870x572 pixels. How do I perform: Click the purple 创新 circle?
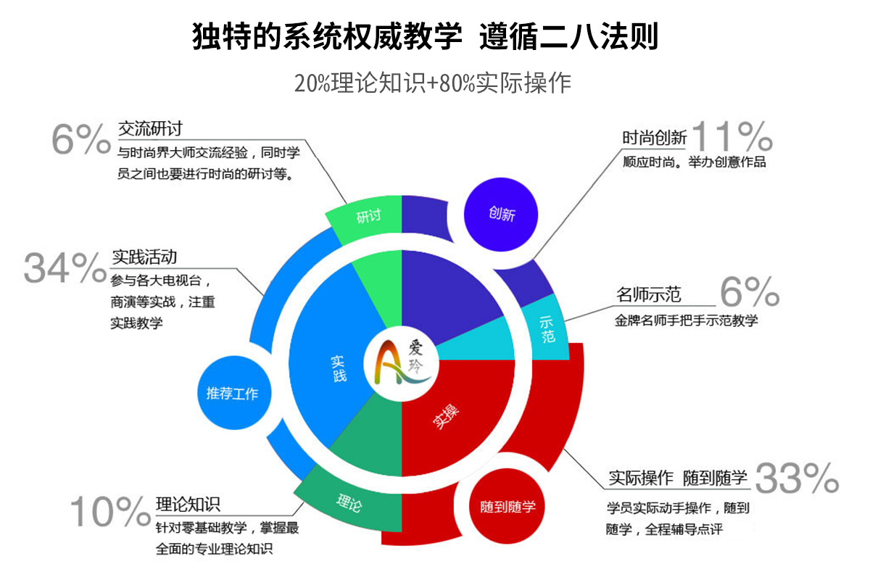click(501, 215)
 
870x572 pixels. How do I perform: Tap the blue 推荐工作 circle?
click(233, 393)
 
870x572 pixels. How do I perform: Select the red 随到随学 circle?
click(507, 506)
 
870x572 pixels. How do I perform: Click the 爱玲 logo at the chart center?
click(402, 364)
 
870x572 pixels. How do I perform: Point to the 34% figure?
click(65, 268)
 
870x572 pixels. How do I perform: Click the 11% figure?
click(732, 136)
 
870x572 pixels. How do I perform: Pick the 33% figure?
click(797, 478)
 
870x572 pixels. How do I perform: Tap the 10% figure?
click(110, 512)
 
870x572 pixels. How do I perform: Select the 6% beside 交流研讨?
click(81, 138)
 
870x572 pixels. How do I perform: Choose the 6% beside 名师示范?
click(750, 291)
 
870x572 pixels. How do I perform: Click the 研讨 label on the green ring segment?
click(368, 216)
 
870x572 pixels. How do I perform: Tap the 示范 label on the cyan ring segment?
click(547, 329)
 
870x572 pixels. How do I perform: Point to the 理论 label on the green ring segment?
click(349, 503)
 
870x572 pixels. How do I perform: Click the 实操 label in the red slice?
click(446, 417)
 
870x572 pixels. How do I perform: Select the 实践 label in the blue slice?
click(339, 368)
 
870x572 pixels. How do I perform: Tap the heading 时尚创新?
click(654, 138)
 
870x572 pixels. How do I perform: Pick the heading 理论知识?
click(188, 505)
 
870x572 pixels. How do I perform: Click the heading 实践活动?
click(144, 257)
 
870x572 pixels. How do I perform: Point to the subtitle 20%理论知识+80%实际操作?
click(432, 83)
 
